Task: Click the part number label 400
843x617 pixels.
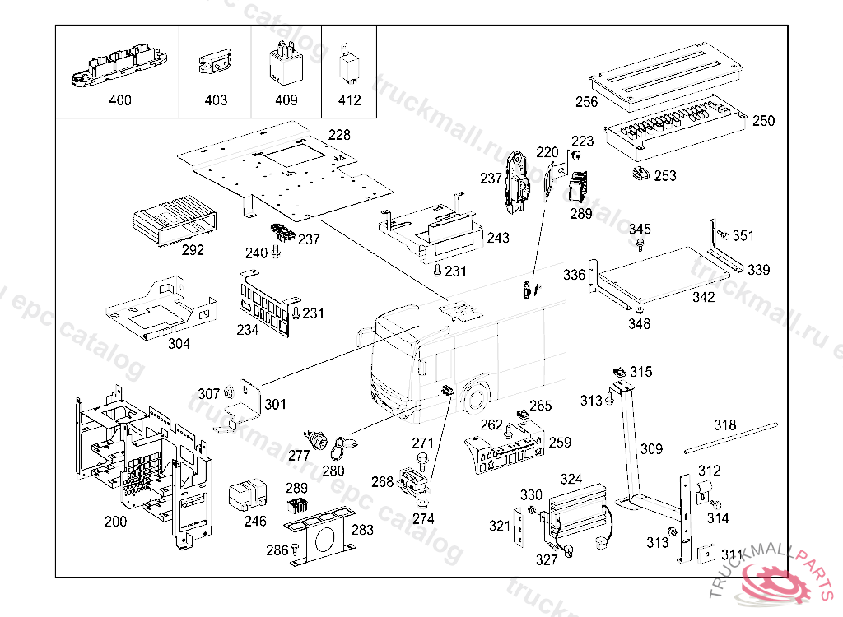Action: [119, 101]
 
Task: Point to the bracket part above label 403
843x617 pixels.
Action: [215, 65]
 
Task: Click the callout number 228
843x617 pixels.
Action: [339, 135]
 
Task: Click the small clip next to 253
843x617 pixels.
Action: [639, 173]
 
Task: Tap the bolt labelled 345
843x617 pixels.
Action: [640, 244]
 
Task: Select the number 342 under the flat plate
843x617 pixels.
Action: [703, 298]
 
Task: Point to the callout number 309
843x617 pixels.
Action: [651, 449]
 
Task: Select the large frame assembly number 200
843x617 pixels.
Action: [115, 521]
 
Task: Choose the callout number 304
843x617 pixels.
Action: [179, 344]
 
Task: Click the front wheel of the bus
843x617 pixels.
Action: [473, 397]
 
